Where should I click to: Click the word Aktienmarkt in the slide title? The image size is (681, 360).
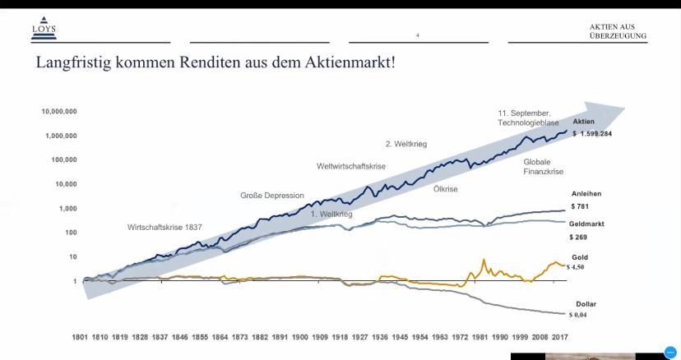coord(350,62)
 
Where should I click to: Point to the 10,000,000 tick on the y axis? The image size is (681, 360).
coord(59,111)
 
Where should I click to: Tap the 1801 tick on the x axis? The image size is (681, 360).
coord(80,337)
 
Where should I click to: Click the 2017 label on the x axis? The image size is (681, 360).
coord(559,337)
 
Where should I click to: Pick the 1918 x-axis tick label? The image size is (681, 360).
coord(340,337)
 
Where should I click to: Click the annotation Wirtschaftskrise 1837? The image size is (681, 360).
coord(164,227)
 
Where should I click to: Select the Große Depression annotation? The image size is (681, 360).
coord(272,196)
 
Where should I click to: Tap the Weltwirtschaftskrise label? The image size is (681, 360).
coord(351,167)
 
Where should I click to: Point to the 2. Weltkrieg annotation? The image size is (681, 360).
coord(406,144)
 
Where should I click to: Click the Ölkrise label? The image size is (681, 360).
coord(446,189)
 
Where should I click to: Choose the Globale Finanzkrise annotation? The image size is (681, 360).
coord(544,167)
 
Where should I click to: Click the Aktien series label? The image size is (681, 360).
coord(583,122)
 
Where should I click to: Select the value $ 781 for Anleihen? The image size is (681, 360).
coord(580,206)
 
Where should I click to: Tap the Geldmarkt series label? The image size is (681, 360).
coord(587,224)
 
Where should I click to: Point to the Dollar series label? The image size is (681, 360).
coord(586,304)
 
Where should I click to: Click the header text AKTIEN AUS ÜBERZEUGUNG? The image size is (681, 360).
coord(617,31)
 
